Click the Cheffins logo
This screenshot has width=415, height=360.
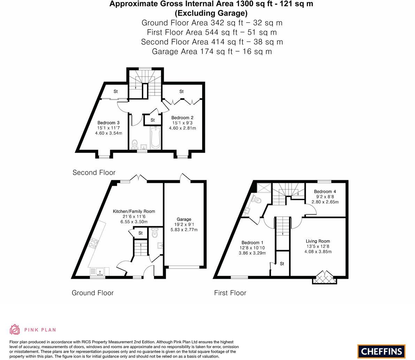pos(382,351)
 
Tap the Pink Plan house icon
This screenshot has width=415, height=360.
pos(15,329)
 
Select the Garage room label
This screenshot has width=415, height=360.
pos(184,219)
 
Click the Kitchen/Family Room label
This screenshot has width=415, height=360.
pos(134,211)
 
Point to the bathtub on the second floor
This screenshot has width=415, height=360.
pos(156,138)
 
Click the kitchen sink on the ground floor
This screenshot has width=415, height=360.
pos(100,271)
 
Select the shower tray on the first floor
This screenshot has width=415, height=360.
pos(264,188)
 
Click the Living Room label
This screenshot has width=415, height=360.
pos(318,241)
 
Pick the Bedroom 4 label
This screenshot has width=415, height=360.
pos(325,191)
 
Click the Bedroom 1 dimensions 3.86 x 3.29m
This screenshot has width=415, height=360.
pos(252,253)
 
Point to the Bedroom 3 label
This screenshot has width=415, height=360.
pos(108,123)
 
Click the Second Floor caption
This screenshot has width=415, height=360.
pos(94,173)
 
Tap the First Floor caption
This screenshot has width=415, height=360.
pos(230,293)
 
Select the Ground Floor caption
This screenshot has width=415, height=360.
pos(92,293)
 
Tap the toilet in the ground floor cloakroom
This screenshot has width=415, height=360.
pos(155,232)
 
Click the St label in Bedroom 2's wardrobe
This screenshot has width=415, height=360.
pos(182,92)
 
